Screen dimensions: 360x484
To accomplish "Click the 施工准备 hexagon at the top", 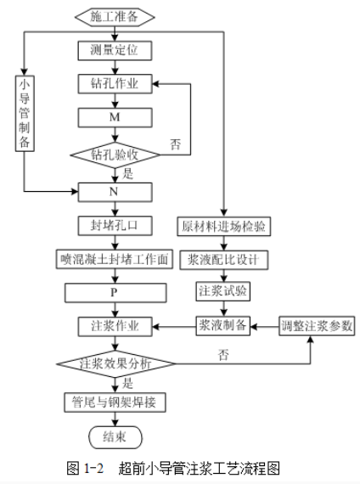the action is coord(115,17).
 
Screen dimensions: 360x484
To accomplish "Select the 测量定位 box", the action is coord(115,50).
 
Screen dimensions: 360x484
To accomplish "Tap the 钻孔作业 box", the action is coord(115,84).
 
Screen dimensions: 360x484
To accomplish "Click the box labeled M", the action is coord(115,117).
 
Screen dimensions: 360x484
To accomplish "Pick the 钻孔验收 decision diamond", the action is coord(115,155).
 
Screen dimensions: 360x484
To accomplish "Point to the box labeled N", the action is coord(115,192).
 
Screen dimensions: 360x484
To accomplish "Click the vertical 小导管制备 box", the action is coord(25,113).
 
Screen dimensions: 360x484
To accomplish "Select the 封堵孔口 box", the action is coord(115,226).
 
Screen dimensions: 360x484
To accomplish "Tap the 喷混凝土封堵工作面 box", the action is coord(115,259).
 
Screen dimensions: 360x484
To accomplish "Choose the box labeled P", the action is coord(115,293).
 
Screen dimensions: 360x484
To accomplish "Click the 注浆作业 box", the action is coord(115,326).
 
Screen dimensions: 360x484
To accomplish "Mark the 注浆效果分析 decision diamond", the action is coord(115,363).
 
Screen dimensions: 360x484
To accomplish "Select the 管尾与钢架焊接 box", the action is coord(115,402).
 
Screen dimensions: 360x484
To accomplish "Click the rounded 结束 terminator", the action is coord(115,437).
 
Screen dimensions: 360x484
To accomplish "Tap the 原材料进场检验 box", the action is coord(224,227).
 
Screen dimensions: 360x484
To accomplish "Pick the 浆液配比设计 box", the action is coord(224,260).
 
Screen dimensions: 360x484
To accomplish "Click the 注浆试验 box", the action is coord(223,291).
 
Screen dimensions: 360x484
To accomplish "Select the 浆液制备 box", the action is coord(223,326).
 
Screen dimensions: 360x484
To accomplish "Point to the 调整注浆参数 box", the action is coord(317,326).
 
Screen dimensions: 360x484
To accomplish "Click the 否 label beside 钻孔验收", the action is coord(175,144).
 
